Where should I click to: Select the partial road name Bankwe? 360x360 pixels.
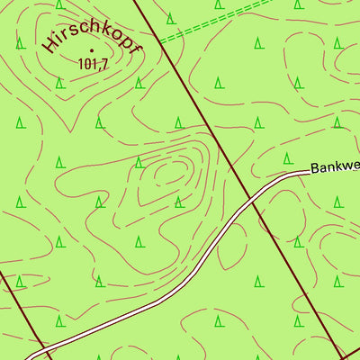tap(334, 166)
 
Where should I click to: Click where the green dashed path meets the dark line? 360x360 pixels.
tap(161, 40)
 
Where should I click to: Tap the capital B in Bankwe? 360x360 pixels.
tap(316, 168)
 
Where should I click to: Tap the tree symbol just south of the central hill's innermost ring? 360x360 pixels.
tap(178, 200)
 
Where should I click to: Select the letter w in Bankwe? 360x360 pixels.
tap(350, 166)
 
